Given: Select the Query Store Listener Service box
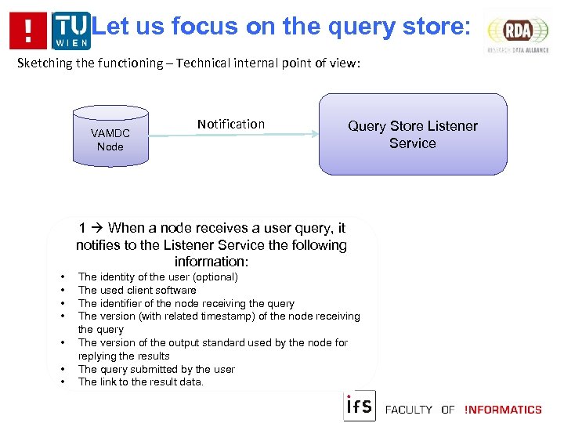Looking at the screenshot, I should coord(413,134).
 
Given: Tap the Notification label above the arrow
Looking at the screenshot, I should coord(231,124).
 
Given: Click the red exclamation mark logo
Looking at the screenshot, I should coord(28,31).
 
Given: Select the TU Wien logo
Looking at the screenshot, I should coord(70,31).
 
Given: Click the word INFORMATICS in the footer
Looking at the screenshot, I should coord(503,409).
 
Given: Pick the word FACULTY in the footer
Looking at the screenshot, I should coord(408,409).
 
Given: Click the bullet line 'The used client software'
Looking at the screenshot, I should coord(137,290).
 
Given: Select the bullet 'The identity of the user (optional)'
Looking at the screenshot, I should coord(157,277).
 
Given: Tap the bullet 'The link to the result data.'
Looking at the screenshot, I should coord(140,382).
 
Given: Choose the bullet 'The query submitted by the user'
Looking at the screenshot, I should coord(156,369).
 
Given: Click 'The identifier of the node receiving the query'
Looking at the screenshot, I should coord(186,303).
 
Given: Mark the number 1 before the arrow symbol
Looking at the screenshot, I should coord(82,228).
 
